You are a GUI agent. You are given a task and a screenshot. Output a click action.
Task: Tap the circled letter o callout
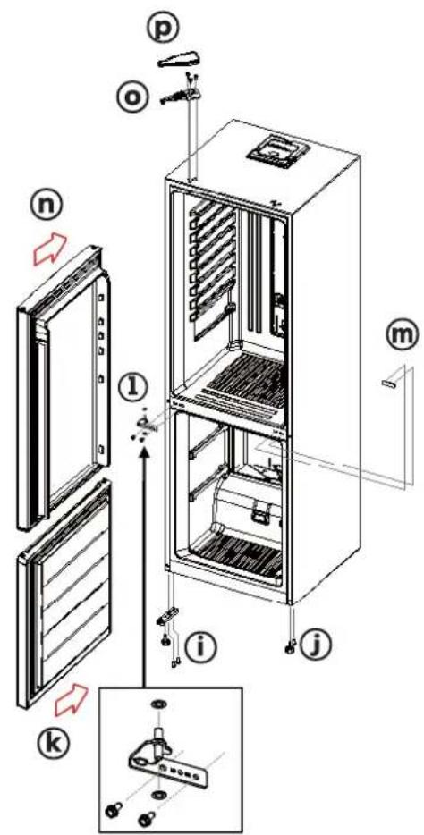tap(131, 97)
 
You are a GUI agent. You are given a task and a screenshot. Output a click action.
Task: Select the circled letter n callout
tap(47, 207)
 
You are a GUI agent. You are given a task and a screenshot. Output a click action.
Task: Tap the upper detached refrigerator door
tap(63, 388)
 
